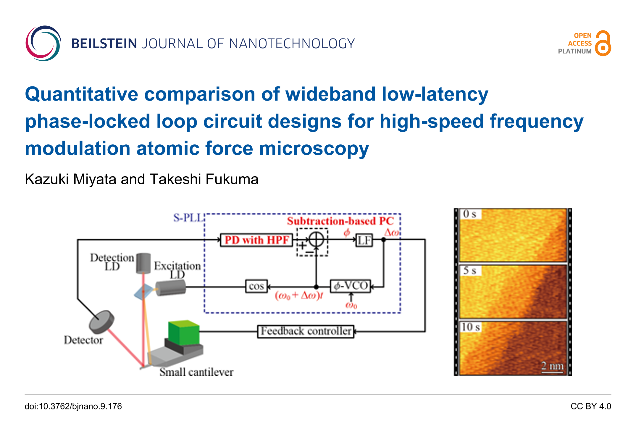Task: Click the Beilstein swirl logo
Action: pos(43,43)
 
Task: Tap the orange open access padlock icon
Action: pos(603,43)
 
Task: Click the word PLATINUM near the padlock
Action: pos(574,51)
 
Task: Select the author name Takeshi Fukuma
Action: pos(204,179)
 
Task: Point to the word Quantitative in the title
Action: pos(81,94)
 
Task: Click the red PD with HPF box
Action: pos(256,240)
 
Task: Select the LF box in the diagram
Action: pos(364,240)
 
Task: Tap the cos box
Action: pos(256,286)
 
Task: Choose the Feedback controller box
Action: pos(306,331)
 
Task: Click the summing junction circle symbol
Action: pos(316,239)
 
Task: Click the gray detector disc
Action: pos(101,322)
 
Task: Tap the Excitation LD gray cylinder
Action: pos(171,288)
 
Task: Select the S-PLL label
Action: pos(188,218)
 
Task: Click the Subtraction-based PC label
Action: pos(340,221)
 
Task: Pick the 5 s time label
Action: pos(470,270)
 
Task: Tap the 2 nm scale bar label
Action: pos(552,366)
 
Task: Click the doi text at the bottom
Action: pos(73,406)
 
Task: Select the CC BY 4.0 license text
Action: pos(591,406)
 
